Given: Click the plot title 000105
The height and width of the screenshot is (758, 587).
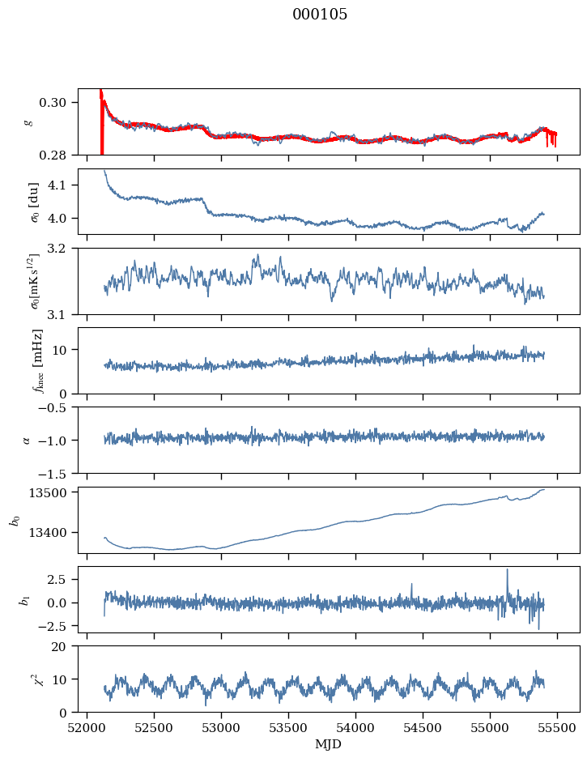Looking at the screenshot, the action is [x=320, y=15].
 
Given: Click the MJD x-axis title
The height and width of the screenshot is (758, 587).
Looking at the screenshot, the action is [x=329, y=744].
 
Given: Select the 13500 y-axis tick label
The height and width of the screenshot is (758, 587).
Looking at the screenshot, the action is [x=47, y=492].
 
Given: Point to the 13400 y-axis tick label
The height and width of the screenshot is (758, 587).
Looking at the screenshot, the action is [x=47, y=533].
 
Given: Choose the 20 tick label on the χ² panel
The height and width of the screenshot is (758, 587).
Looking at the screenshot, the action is [x=58, y=646].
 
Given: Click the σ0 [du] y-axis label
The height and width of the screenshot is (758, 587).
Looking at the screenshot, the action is [x=34, y=202].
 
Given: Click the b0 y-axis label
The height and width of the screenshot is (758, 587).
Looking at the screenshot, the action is [x=16, y=520].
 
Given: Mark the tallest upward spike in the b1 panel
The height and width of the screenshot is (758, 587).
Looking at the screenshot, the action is [x=508, y=570].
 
